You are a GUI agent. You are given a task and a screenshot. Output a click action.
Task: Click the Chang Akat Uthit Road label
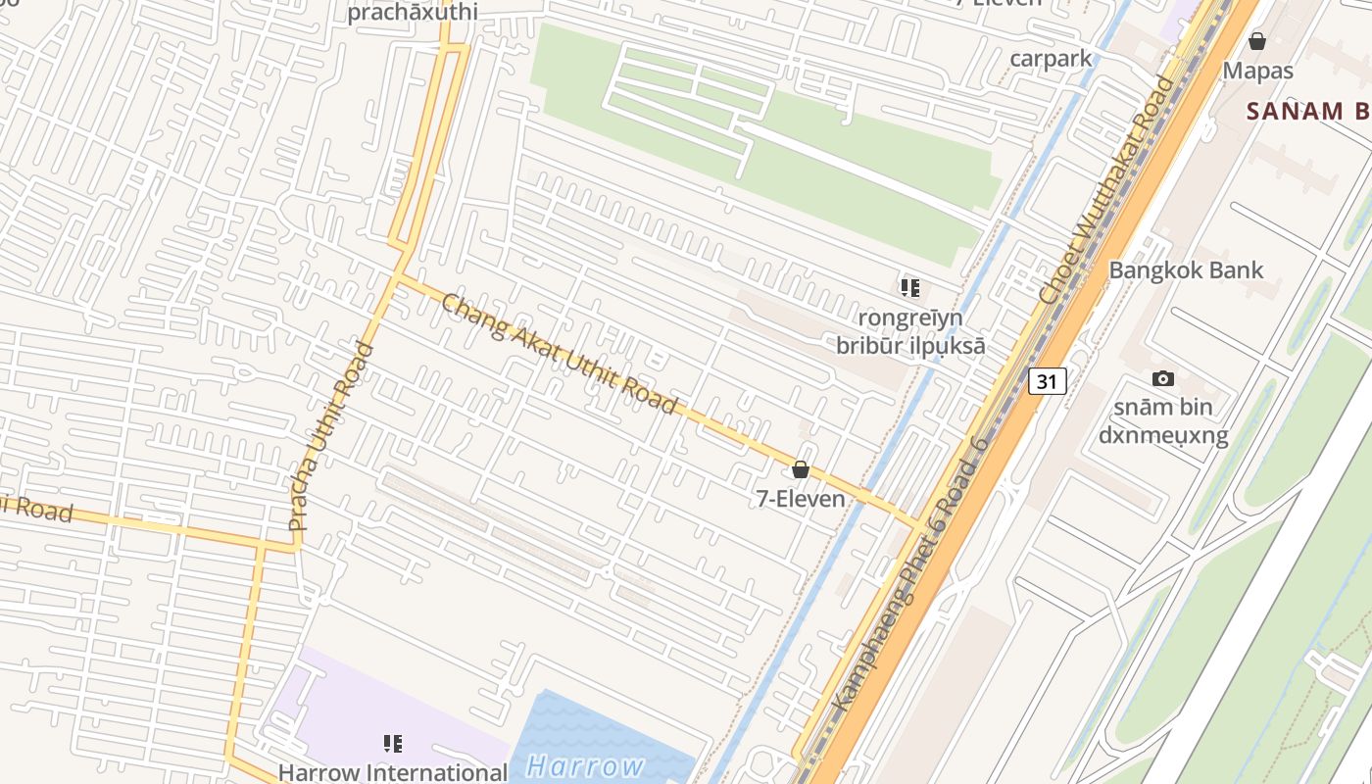pos(560,354)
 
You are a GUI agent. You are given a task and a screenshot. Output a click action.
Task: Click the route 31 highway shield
pos(1047,381)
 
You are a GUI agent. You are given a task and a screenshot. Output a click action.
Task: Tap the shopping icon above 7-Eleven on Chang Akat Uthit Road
pos(801,470)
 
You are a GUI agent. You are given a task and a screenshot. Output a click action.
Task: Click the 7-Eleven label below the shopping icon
pos(801,499)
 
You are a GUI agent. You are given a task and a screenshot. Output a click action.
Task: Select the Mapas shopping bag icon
pos(1257,41)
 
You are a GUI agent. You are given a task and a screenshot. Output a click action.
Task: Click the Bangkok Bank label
pos(1186,270)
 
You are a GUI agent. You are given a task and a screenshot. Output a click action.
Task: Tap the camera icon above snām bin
pos(1163,378)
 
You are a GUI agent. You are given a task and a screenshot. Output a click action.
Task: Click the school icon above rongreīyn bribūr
pos(910,288)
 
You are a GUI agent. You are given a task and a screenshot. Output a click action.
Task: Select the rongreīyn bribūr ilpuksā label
pos(910,331)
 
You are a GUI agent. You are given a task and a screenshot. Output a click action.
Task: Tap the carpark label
pos(1051,59)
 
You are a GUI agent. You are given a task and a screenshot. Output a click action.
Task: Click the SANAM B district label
pos(1308,111)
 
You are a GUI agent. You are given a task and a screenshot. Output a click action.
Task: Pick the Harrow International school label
pos(393,772)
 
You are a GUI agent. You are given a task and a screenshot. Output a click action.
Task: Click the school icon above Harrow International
pos(393,744)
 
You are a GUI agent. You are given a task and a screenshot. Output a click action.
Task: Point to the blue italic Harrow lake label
pos(585,766)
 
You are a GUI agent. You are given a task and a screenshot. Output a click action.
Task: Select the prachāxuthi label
pos(413,13)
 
